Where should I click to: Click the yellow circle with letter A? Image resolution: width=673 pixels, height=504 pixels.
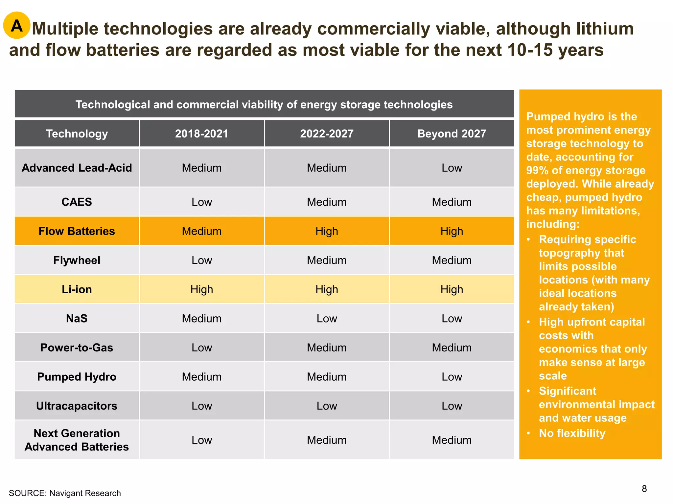pyautogui.click(x=17, y=26)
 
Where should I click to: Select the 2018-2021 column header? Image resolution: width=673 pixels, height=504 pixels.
pyautogui.click(x=201, y=134)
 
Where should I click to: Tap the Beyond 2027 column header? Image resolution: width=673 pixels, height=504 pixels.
pyautogui.click(x=452, y=134)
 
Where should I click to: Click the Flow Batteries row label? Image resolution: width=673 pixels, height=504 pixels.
pyautogui.click(x=77, y=231)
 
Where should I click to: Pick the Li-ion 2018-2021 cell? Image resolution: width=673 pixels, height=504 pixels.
pyautogui.click(x=201, y=289)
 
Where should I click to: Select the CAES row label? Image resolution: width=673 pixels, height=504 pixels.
pyautogui.click(x=77, y=202)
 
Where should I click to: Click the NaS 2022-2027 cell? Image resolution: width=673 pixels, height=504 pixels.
pyautogui.click(x=327, y=318)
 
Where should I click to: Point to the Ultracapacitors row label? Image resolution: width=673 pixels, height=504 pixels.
pyautogui.click(x=77, y=406)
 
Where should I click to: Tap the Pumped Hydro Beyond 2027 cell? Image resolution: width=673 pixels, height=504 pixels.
pyautogui.click(x=452, y=377)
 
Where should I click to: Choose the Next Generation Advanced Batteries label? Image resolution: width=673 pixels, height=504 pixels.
pyautogui.click(x=77, y=440)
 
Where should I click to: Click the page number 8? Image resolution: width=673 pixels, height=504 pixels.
pyautogui.click(x=644, y=489)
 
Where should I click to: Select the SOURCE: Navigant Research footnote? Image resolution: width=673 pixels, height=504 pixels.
pyautogui.click(x=65, y=493)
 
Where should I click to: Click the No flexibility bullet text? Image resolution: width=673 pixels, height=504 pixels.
pyautogui.click(x=572, y=433)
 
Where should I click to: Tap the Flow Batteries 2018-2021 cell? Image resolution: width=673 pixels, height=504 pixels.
pyautogui.click(x=201, y=231)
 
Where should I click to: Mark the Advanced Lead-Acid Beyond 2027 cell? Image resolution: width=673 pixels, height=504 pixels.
pyautogui.click(x=452, y=168)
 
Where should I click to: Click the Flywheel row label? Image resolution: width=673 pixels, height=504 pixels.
pyautogui.click(x=77, y=260)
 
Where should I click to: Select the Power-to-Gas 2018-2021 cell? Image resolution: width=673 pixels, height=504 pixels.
pyautogui.click(x=201, y=347)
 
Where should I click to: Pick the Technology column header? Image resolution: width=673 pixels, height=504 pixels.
pyautogui.click(x=77, y=134)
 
